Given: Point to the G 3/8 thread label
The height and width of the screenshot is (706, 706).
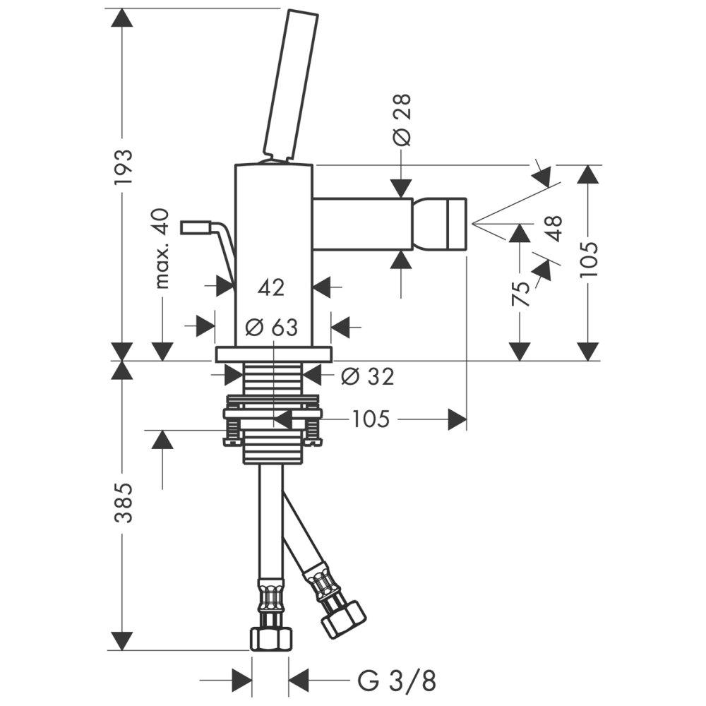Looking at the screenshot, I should pyautogui.click(x=397, y=681).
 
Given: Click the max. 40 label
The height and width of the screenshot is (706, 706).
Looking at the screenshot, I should pyautogui.click(x=163, y=249).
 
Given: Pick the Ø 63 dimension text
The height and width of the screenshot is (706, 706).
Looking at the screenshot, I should pyautogui.click(x=271, y=327).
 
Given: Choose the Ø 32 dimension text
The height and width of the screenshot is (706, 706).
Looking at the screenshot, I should pyautogui.click(x=367, y=376).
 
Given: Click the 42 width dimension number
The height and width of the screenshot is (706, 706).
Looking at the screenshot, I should pyautogui.click(x=271, y=287).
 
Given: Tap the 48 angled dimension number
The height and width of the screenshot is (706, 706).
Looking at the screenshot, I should pyautogui.click(x=554, y=229).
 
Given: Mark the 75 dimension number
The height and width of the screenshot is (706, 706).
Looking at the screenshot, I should pyautogui.click(x=520, y=292).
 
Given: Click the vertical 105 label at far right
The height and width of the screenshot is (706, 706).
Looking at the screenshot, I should pyautogui.click(x=588, y=259).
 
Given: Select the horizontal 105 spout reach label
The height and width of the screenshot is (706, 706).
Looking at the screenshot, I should pyautogui.click(x=371, y=420).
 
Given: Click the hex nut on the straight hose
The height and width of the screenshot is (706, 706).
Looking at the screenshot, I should pyautogui.click(x=270, y=638).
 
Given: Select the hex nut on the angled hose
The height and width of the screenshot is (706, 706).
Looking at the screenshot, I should pyautogui.click(x=342, y=618).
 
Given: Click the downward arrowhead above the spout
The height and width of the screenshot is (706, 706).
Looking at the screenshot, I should pyautogui.click(x=401, y=186).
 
